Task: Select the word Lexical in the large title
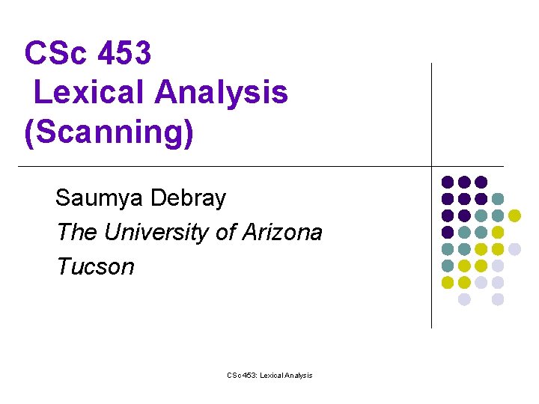[88, 93]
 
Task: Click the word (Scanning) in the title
[109, 132]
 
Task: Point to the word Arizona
[281, 232]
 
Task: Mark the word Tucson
[95, 266]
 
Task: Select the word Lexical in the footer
[275, 375]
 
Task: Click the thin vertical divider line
[432, 112]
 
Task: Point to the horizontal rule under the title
[225, 165]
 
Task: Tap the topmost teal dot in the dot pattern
[498, 198]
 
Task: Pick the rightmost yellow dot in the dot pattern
[514, 215]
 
